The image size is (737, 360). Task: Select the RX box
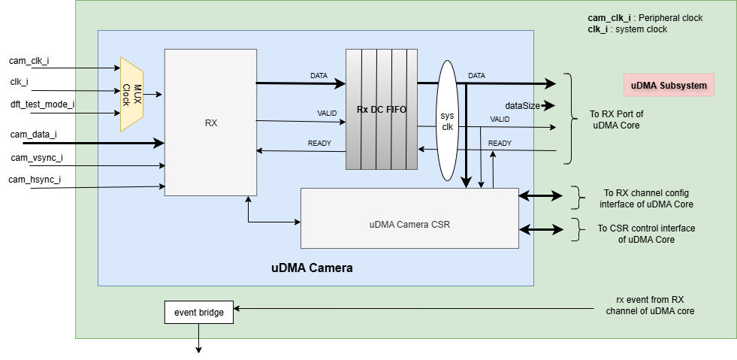pos(210,123)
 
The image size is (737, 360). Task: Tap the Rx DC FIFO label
pos(382,110)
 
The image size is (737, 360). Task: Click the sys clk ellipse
pos(448,121)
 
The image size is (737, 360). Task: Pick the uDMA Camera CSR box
pos(409,224)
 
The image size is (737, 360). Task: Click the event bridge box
pos(198,312)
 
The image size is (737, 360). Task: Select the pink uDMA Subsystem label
pos(669,85)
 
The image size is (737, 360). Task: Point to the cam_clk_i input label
pos(29,60)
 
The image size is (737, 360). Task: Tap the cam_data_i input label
pos(33,135)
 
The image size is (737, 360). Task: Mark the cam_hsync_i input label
pos(35,180)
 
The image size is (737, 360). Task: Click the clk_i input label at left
pos(20,82)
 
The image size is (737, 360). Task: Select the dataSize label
pos(521,106)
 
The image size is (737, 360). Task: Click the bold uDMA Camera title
pos(312,268)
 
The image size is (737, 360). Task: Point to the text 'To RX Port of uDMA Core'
pos(615,120)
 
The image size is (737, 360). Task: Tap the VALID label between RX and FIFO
pos(327,113)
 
